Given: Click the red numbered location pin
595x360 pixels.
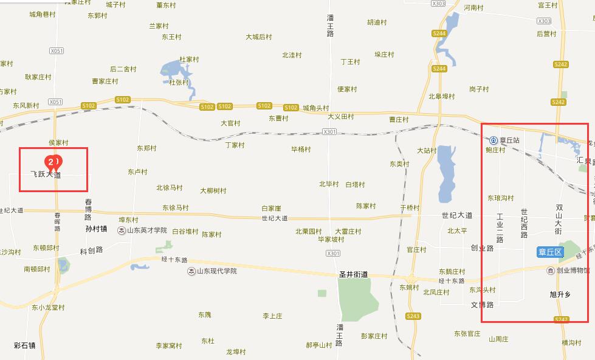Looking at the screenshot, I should tap(53, 162).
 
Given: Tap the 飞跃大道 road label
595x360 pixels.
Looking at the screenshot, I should tap(46, 175).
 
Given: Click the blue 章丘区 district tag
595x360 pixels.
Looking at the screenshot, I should tap(551, 251).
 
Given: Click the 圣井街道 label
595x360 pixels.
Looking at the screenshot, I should tap(353, 274).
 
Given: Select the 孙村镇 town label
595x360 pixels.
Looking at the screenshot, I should tap(96, 229).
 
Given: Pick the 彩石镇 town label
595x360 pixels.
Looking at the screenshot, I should tap(24, 345).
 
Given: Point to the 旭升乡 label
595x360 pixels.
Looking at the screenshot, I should tap(560, 294).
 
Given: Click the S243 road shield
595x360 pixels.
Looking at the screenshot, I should tap(413, 316).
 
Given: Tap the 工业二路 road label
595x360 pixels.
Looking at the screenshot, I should tap(500, 228).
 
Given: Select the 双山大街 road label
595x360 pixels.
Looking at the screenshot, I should tap(559, 220).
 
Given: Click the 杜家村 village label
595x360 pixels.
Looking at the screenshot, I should tap(189, 60).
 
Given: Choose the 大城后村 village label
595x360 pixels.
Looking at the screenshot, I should tap(259, 37).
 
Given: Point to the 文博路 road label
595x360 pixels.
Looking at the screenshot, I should tap(482, 304).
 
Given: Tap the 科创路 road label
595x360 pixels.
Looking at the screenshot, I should tap(91, 250).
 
